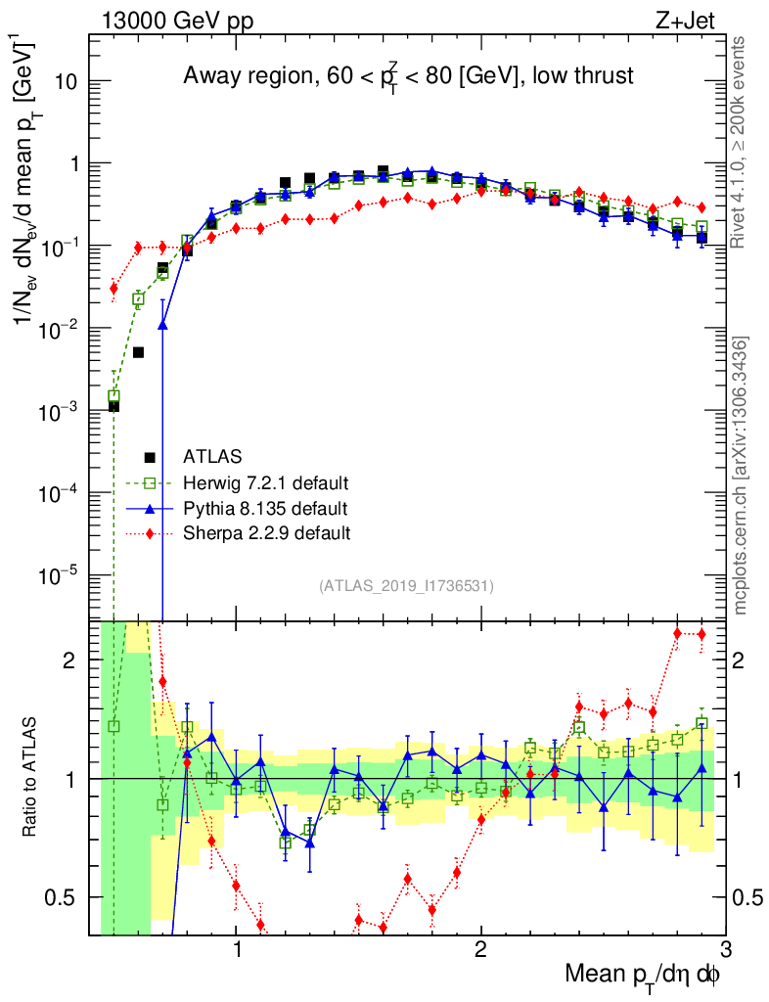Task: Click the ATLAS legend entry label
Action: coord(212,456)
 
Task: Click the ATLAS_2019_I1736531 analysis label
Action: coord(406,586)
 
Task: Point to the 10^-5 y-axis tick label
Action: coord(58,573)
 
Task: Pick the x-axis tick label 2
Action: coord(480,949)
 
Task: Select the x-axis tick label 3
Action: coord(724,949)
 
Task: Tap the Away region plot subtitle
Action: coord(409,77)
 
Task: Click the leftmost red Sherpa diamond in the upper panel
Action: coord(113,288)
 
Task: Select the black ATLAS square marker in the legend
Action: coord(150,456)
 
